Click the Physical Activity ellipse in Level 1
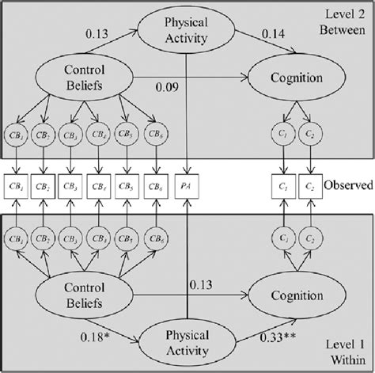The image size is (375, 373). click(x=186, y=341)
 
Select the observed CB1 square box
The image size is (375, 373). click(x=14, y=188)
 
